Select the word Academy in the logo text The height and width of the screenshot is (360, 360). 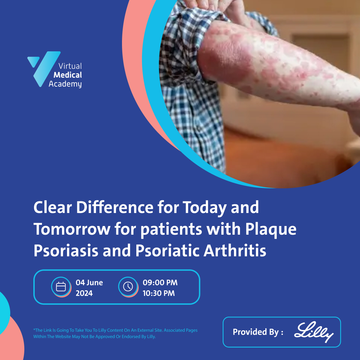pos(65,84)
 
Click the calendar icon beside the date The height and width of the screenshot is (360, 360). pos(61,287)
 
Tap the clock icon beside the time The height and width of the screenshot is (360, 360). pos(128,287)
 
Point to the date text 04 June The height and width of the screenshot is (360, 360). pos(89,283)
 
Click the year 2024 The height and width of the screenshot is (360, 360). pos(84,293)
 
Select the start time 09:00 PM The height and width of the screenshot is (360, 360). pos(160,283)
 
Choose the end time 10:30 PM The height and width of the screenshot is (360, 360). pos(159,293)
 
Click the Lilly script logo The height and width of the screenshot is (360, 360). pos(314,332)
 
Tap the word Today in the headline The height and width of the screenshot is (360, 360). pos(201,208)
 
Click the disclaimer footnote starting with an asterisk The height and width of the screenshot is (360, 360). pos(115,333)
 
